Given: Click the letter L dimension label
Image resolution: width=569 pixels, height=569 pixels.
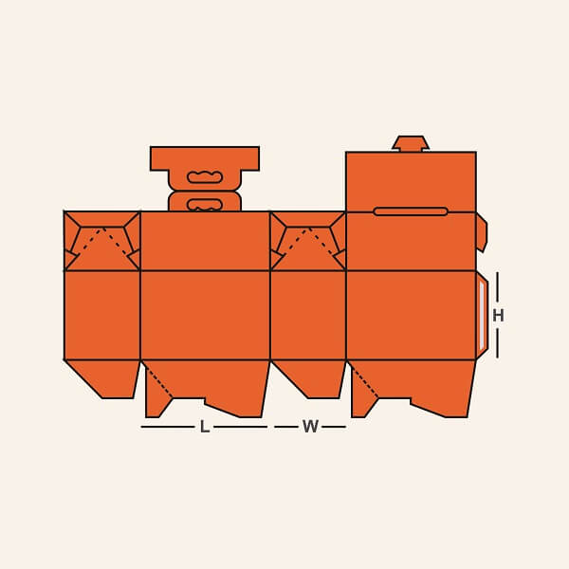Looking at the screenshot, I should [204, 428].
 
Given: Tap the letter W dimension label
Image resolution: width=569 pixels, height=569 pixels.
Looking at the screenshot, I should [310, 428].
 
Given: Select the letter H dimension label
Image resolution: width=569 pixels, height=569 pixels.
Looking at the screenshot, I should [498, 316].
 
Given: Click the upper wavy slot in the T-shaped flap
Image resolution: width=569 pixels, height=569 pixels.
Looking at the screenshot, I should [205, 177].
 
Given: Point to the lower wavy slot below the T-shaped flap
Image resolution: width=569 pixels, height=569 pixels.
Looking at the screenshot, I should [205, 204].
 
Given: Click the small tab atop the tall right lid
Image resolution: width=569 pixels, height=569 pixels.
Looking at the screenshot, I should [411, 143].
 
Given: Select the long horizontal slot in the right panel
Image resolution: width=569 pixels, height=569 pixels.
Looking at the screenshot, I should [411, 211].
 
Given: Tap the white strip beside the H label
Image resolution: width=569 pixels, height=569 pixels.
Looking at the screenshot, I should [482, 315].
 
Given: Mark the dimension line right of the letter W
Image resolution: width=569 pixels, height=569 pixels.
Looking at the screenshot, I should [333, 428].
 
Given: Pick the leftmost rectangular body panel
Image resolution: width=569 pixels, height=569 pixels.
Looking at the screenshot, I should [102, 315].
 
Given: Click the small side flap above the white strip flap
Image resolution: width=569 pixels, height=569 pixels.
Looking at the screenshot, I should [481, 232].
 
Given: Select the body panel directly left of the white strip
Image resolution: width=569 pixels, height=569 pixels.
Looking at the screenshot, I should [411, 315].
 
